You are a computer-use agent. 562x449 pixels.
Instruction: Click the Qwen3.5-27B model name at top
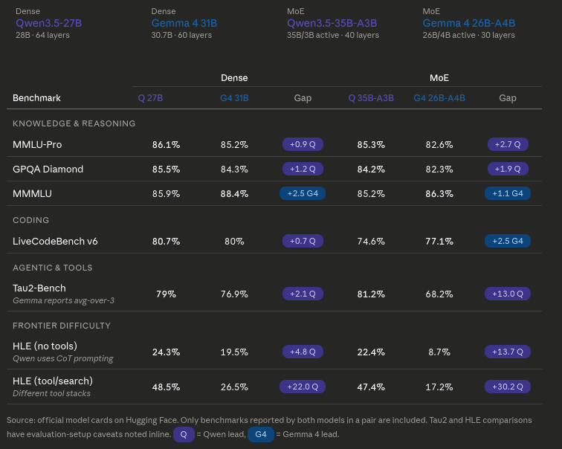[x=48, y=23]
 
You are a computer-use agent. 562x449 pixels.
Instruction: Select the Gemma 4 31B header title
[x=184, y=23]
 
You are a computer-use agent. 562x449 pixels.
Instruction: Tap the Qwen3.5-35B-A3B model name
[x=332, y=23]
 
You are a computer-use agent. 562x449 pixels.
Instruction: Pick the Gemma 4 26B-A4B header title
[x=468, y=23]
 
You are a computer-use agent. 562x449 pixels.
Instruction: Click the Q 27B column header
[x=150, y=98]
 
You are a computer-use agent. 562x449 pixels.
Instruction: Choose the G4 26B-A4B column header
[x=439, y=98]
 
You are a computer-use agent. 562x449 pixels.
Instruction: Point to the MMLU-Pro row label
[x=37, y=144]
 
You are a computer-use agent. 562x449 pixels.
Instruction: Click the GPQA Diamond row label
[x=48, y=169]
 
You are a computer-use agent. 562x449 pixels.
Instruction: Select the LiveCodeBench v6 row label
[x=55, y=241]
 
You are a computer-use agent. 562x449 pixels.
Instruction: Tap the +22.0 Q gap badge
[x=303, y=387]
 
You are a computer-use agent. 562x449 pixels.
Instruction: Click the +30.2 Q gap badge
[x=508, y=387]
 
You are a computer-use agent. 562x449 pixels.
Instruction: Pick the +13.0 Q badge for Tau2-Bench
[x=508, y=294]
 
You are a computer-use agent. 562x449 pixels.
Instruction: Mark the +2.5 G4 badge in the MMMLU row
[x=303, y=193]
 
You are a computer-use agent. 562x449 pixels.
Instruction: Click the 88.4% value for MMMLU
[x=234, y=193]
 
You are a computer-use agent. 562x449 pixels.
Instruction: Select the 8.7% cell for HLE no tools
[x=439, y=352]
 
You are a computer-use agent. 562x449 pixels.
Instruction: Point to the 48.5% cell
[x=166, y=387]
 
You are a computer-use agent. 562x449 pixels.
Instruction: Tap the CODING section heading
[x=31, y=220]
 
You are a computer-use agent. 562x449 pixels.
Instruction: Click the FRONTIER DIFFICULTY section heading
[x=62, y=326]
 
